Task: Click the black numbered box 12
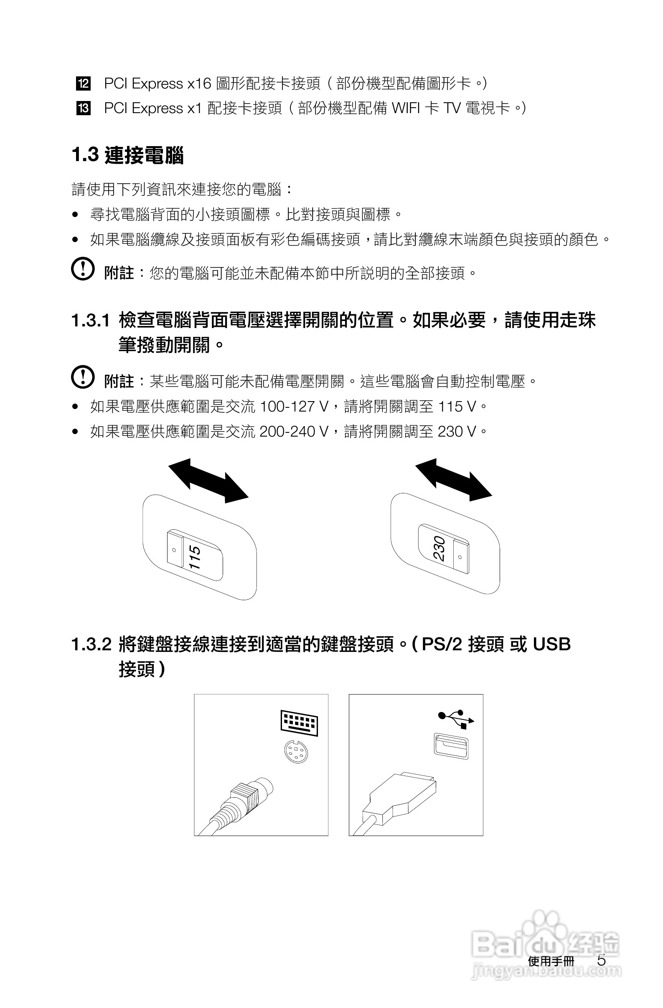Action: pyautogui.click(x=83, y=83)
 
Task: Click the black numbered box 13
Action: pyautogui.click(x=83, y=109)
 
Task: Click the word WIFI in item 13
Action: pyautogui.click(x=405, y=109)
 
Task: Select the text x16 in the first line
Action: pyautogui.click(x=199, y=84)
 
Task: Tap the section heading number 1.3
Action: pyautogui.click(x=85, y=155)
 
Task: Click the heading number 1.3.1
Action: pyautogui.click(x=90, y=321)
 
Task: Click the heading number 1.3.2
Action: pyautogui.click(x=91, y=644)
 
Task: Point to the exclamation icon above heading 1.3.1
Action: pyautogui.click(x=83, y=269)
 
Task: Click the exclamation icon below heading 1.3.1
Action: pyautogui.click(x=83, y=377)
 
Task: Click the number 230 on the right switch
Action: pyautogui.click(x=439, y=549)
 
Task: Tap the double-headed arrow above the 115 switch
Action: pyautogui.click(x=208, y=481)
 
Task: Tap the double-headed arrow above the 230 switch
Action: pyautogui.click(x=453, y=480)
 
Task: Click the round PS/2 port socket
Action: pyautogui.click(x=296, y=751)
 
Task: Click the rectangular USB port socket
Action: pyautogui.click(x=452, y=745)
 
